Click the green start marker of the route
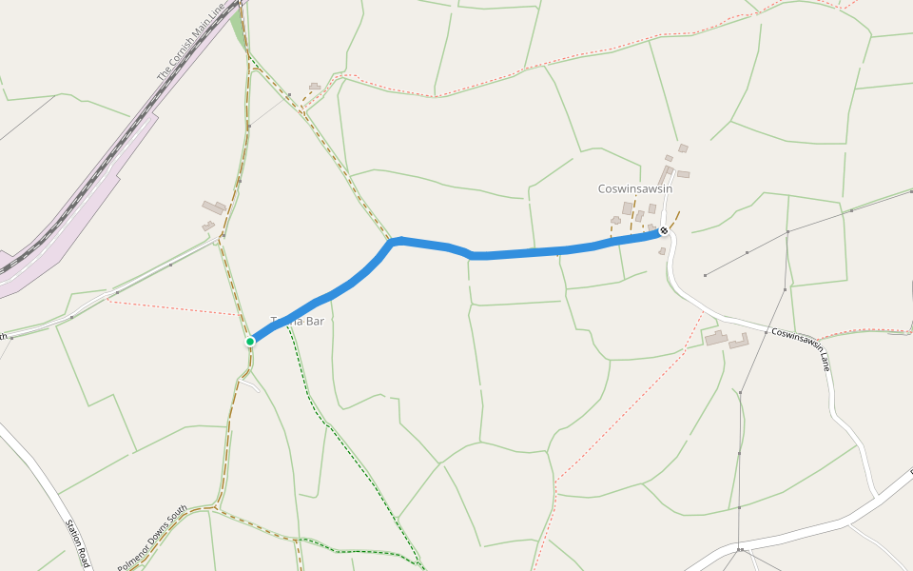250,341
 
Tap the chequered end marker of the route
663,230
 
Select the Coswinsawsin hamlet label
635,188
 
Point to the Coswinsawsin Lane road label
802,348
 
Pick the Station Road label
77,542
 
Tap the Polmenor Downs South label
152,538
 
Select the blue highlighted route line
533,252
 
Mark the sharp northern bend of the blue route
398,241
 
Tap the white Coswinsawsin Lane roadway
723,319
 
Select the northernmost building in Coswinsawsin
683,148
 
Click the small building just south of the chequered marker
662,251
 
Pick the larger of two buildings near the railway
214,207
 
